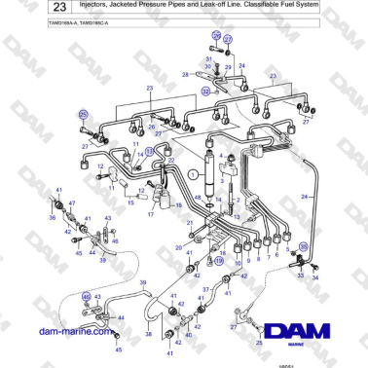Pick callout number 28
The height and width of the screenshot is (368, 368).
click(186, 73)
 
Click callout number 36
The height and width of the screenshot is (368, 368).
click(53, 218)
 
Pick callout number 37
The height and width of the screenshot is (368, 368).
click(204, 290)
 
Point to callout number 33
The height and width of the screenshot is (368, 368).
click(300, 276)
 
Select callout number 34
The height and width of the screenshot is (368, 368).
click(314, 276)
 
